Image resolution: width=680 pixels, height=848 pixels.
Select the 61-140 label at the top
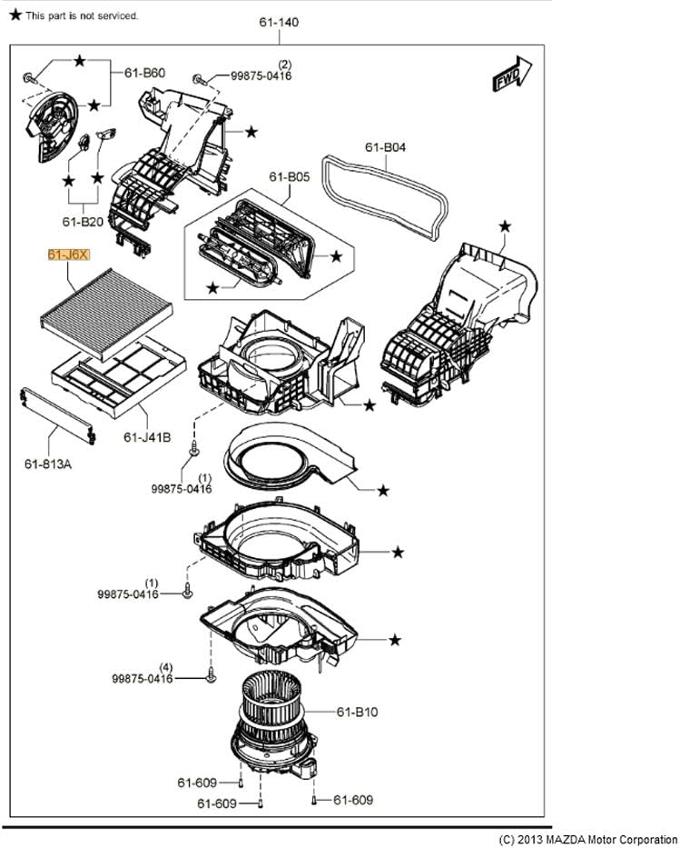(278, 22)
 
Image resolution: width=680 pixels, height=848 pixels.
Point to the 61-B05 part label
(290, 177)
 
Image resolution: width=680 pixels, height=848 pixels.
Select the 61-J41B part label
(147, 437)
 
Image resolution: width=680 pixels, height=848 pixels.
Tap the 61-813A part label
(48, 464)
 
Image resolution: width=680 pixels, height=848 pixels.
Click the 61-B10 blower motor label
(357, 712)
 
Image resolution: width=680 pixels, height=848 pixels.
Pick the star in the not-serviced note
(15, 15)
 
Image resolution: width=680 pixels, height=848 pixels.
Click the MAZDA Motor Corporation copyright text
(588, 839)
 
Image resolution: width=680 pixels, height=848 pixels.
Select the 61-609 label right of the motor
(352, 800)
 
